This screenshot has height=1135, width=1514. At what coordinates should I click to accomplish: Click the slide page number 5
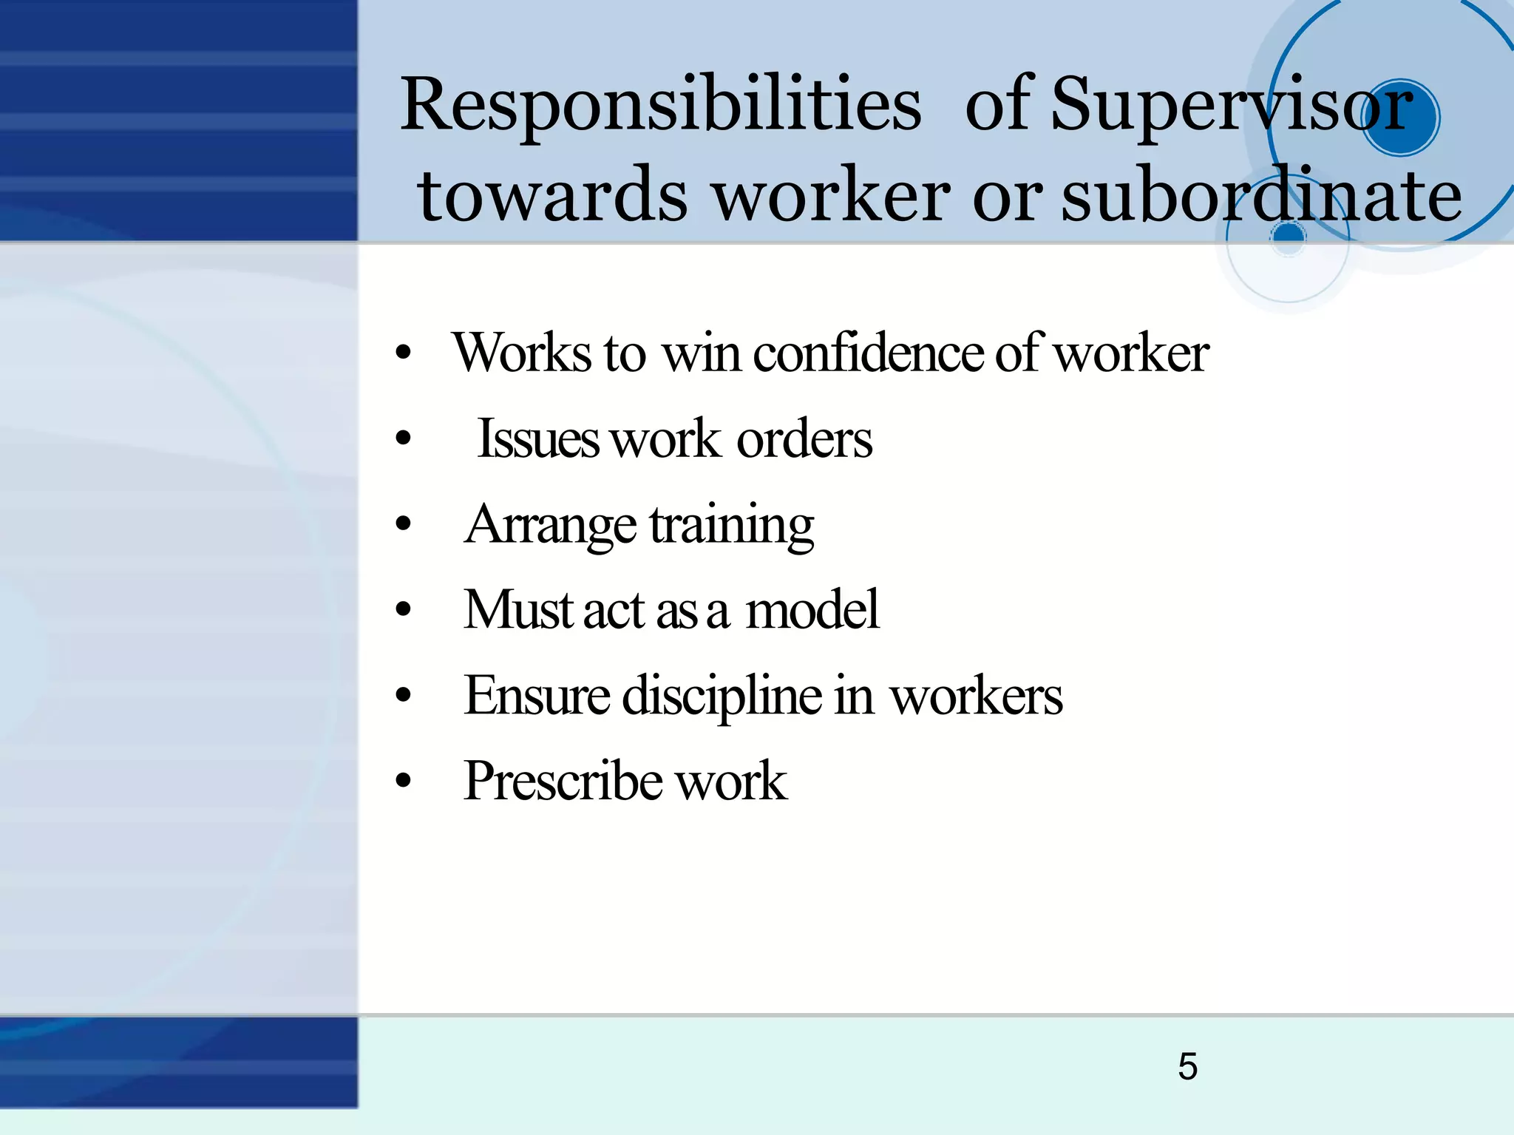pyautogui.click(x=1187, y=1066)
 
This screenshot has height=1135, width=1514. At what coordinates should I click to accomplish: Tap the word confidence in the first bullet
pyautogui.click(x=869, y=353)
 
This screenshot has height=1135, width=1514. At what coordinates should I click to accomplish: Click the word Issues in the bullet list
pyautogui.click(x=537, y=439)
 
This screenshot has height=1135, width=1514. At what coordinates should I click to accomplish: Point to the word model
pyautogui.click(x=812, y=611)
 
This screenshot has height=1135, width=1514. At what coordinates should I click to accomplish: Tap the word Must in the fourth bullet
pyautogui.click(x=518, y=611)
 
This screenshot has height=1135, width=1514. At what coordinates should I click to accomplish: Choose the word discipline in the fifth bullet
pyautogui.click(x=722, y=697)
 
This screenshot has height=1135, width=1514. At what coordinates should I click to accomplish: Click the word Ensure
pyautogui.click(x=537, y=697)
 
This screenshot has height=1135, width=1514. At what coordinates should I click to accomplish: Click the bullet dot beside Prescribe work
pyautogui.click(x=403, y=781)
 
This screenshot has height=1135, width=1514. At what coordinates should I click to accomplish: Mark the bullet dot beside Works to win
pyautogui.click(x=403, y=353)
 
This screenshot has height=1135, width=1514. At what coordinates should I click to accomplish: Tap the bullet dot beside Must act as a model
pyautogui.click(x=403, y=611)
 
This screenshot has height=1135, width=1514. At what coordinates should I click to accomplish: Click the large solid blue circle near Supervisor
pyautogui.click(x=1399, y=117)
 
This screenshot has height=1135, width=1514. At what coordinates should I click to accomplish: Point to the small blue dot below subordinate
pyautogui.click(x=1289, y=235)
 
